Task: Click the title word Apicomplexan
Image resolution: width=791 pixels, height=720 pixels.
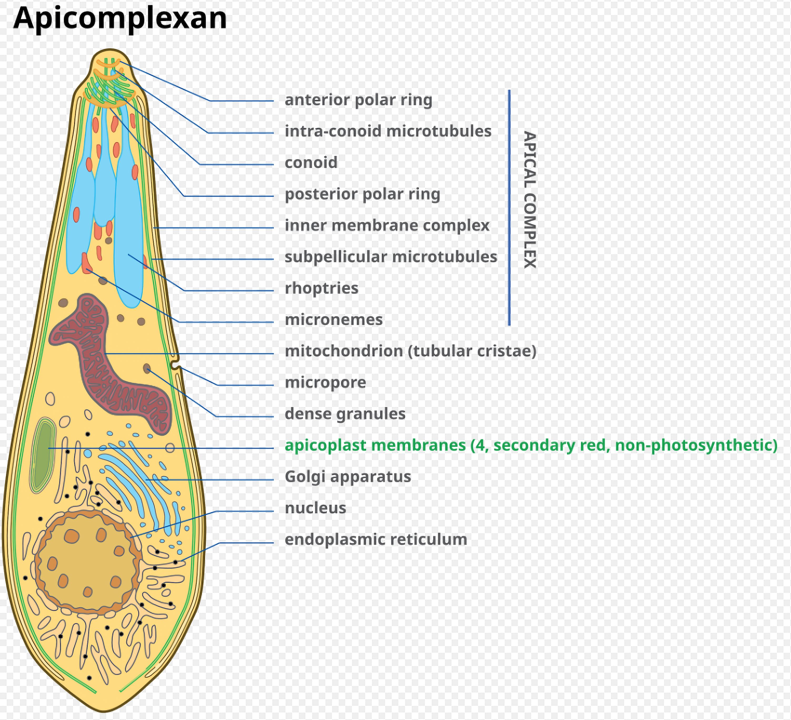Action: click(x=120, y=18)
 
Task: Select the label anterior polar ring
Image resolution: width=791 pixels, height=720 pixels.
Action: click(x=358, y=100)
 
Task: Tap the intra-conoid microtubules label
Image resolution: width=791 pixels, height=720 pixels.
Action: click(x=388, y=131)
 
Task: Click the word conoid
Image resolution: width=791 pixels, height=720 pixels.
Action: click(x=311, y=163)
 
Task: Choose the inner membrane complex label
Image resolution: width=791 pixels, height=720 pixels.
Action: click(x=387, y=225)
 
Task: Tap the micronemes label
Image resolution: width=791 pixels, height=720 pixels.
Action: click(x=333, y=320)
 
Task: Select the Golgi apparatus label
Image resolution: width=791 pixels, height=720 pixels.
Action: click(x=348, y=477)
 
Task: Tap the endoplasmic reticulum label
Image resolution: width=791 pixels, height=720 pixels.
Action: click(x=376, y=540)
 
